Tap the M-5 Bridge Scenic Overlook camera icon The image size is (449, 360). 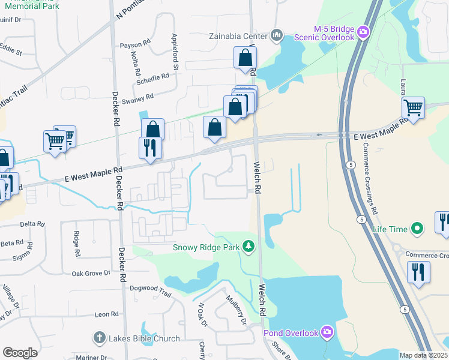point(363,31)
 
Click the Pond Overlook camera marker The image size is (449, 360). point(327,332)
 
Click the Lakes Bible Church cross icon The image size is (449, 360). point(100,338)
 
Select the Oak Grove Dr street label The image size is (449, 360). point(91,273)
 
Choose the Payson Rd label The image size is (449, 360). point(134,44)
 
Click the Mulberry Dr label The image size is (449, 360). point(236,308)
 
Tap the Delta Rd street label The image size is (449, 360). point(32,224)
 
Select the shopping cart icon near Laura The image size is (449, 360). point(413,108)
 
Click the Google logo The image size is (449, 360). point(20,353)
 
